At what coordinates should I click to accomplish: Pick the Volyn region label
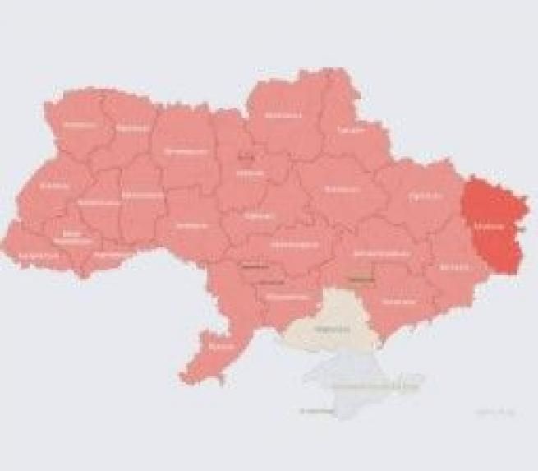pos(79,125)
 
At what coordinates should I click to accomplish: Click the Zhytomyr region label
pos(186,152)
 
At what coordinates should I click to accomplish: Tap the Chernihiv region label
pos(283,115)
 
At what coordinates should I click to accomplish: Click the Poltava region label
pos(337,189)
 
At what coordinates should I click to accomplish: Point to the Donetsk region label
pos(451,266)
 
